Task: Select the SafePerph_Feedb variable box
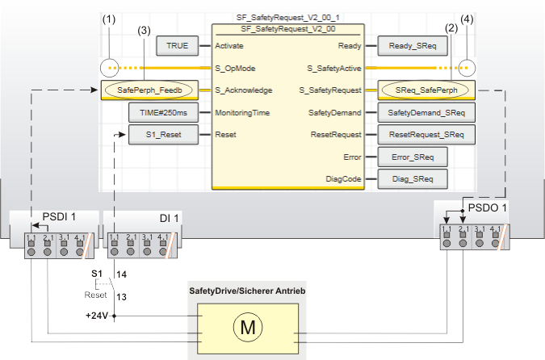click(x=156, y=90)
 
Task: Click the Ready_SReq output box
click(x=412, y=46)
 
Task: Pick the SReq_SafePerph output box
click(x=426, y=90)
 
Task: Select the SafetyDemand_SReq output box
click(x=426, y=112)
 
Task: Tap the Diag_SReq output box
click(x=412, y=178)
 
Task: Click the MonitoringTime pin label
click(x=242, y=112)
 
